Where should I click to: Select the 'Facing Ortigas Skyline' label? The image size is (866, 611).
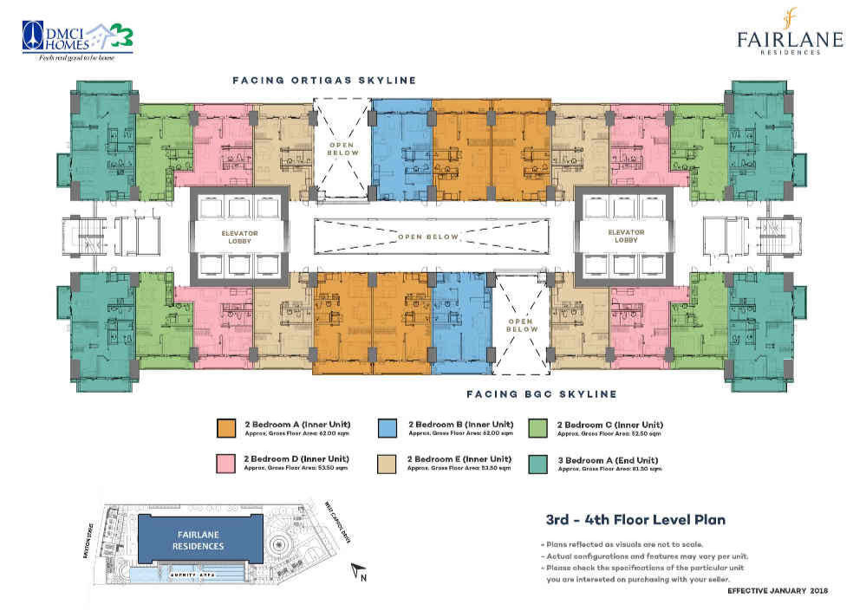pyautogui.click(x=324, y=81)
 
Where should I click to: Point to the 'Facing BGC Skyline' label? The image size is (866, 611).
pyautogui.click(x=541, y=394)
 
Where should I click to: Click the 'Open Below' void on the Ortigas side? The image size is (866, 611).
pyautogui.click(x=342, y=147)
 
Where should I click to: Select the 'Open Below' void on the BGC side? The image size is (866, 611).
pyautogui.click(x=521, y=323)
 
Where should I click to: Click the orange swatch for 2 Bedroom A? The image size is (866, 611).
pyautogui.click(x=226, y=428)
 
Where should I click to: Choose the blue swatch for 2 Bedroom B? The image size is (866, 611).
pyautogui.click(x=387, y=428)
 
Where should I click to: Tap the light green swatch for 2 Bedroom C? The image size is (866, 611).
pyautogui.click(x=537, y=428)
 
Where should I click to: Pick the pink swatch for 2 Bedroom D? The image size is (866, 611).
pyautogui.click(x=226, y=463)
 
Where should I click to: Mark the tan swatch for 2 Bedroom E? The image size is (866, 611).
pyautogui.click(x=387, y=463)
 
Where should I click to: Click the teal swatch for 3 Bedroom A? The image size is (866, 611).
pyautogui.click(x=537, y=463)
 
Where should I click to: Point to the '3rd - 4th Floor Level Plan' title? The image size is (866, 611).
pyautogui.click(x=635, y=520)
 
